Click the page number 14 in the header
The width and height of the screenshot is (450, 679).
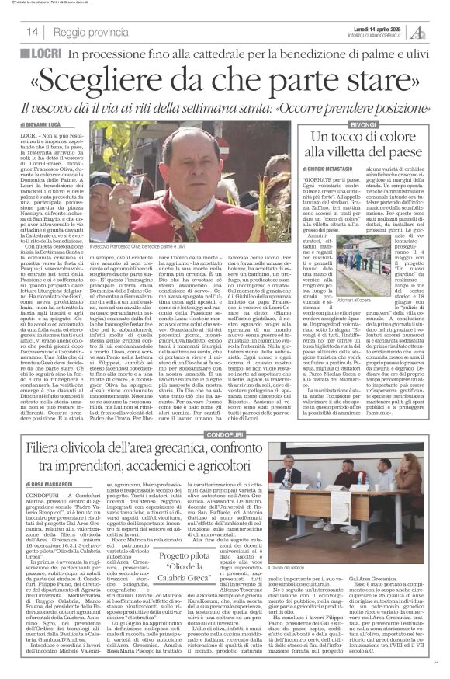pyautogui.click(x=33, y=32)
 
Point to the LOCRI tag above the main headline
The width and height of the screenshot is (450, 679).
pyautogui.click(x=43, y=55)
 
